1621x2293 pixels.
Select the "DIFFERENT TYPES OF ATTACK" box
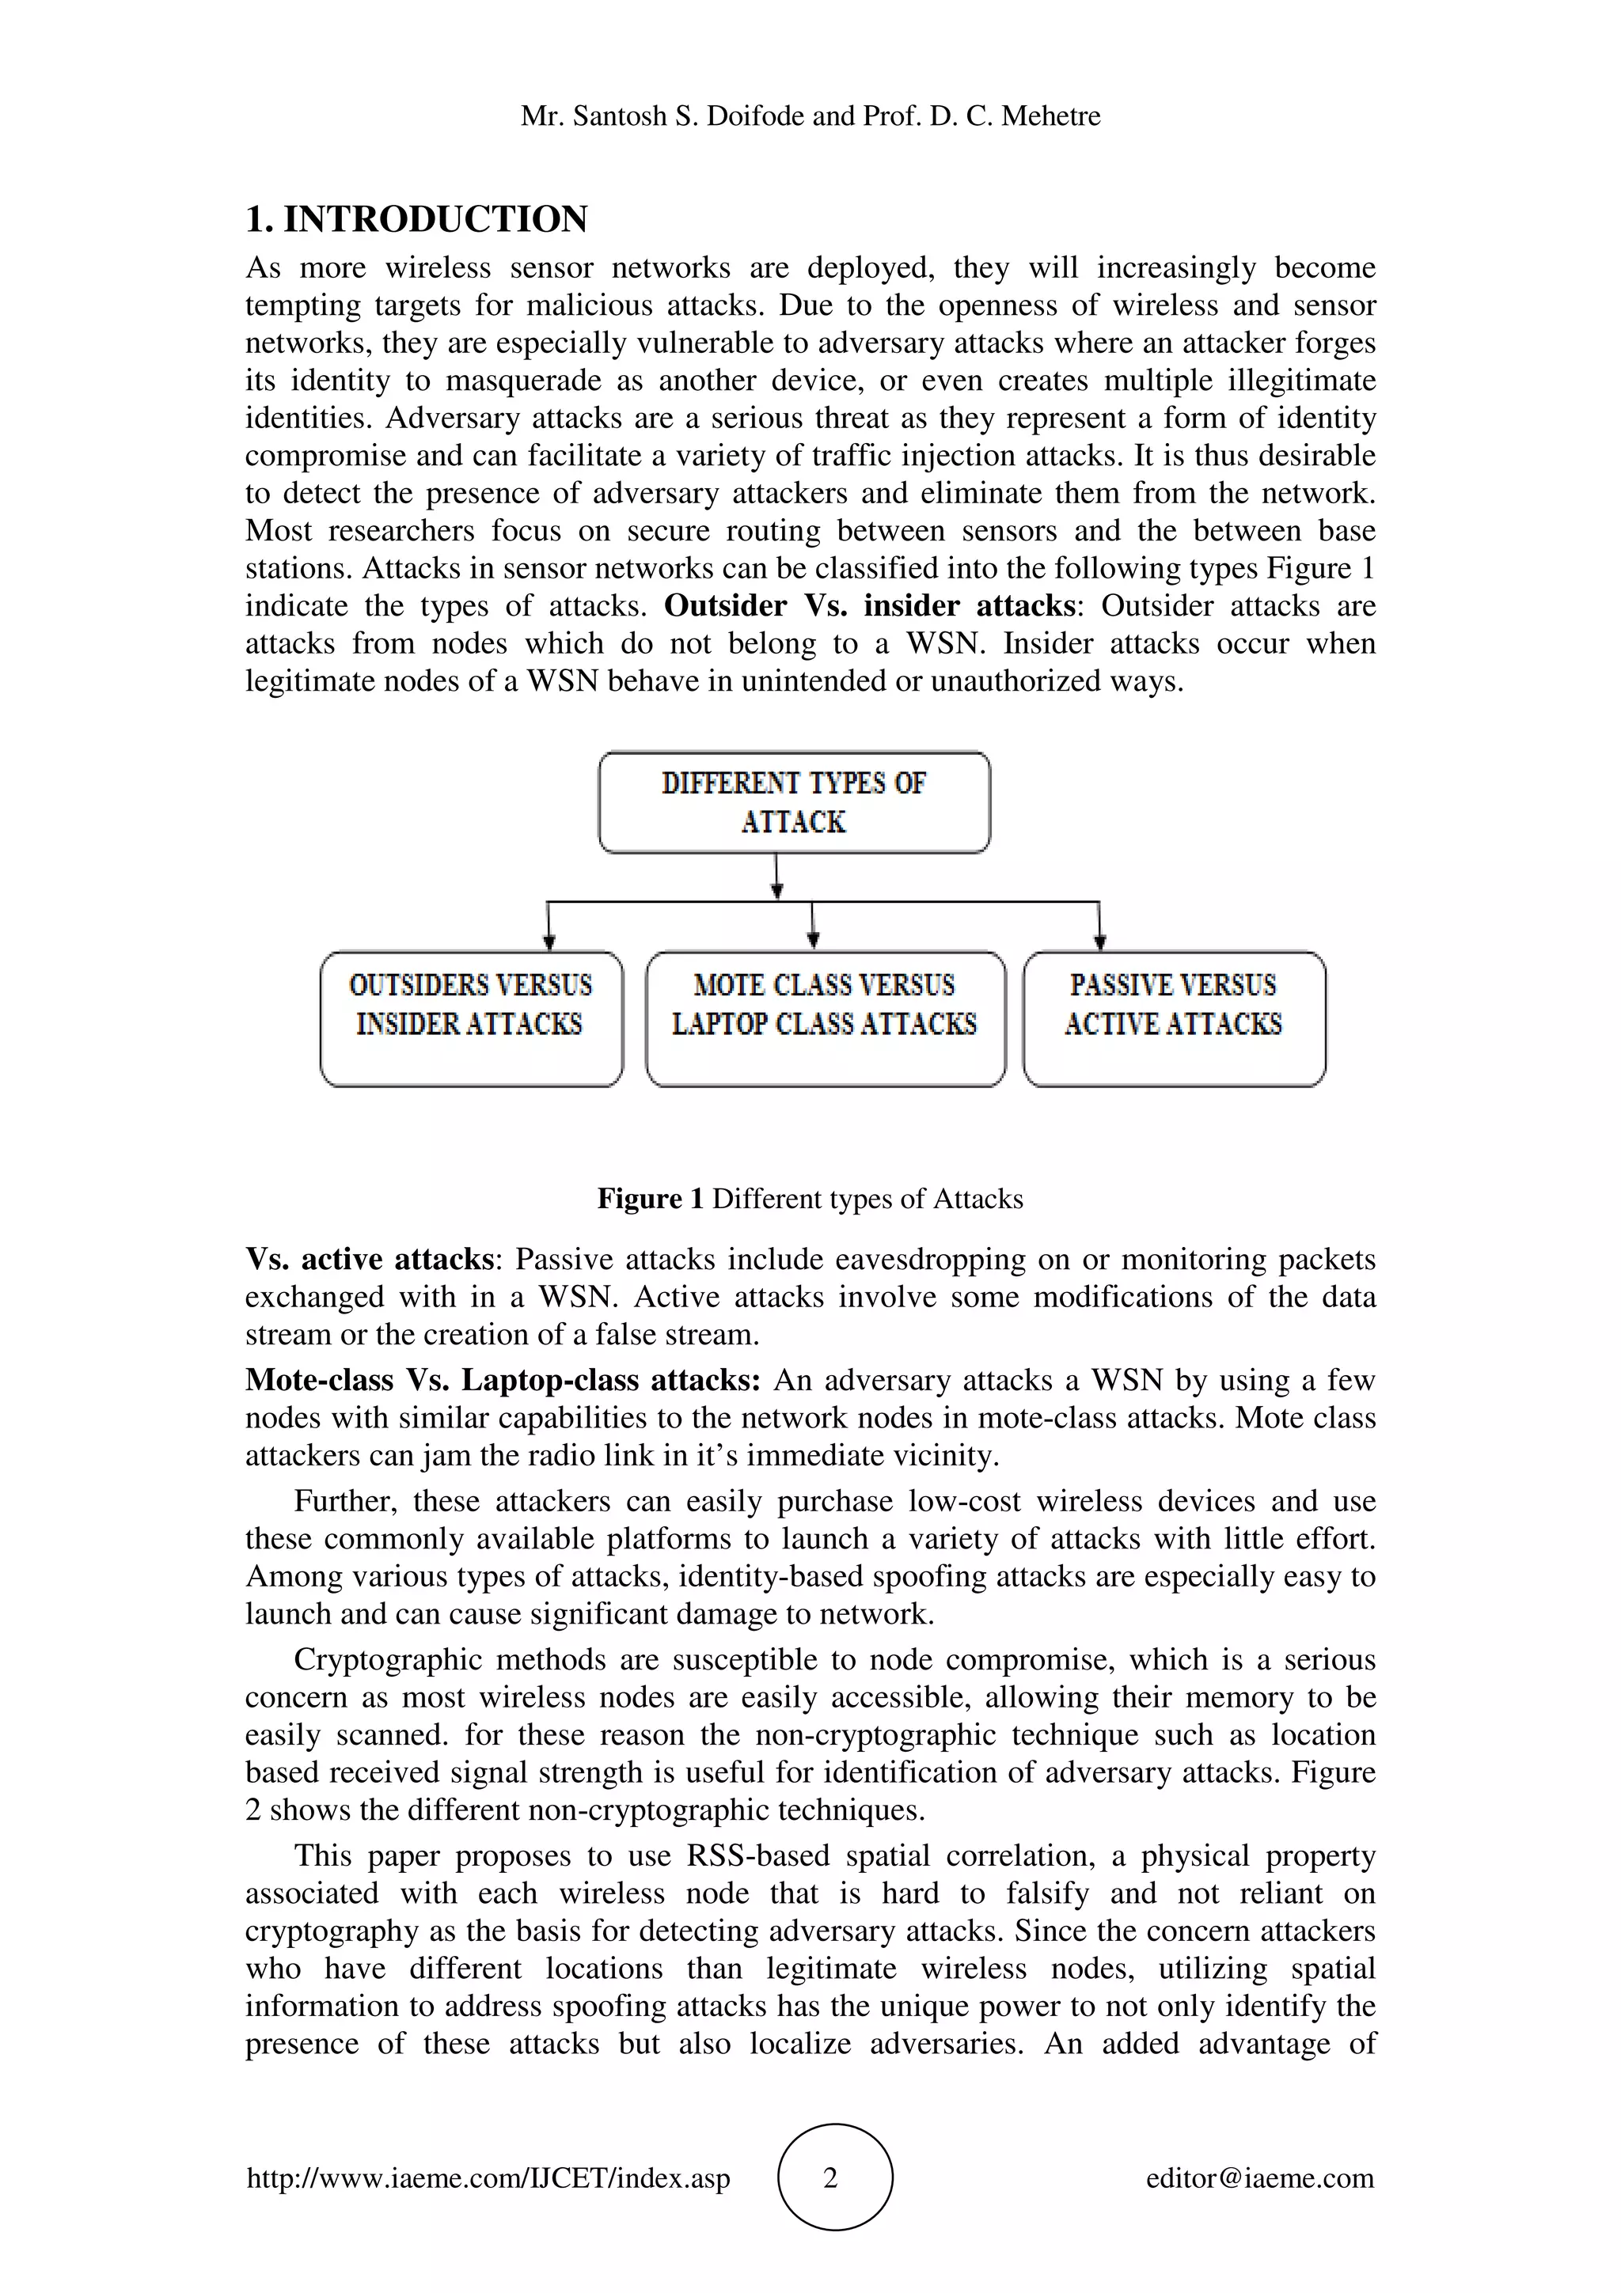click(x=794, y=803)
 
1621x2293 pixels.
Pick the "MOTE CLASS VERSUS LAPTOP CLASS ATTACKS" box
click(x=825, y=1018)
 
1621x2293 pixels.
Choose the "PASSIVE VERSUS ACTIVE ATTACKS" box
click(x=1174, y=1018)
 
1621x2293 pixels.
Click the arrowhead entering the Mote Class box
click(x=814, y=940)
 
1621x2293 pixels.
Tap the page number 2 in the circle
click(x=831, y=2178)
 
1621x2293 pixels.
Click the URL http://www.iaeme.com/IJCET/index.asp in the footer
click(x=488, y=2178)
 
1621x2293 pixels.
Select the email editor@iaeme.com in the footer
click(x=1259, y=2178)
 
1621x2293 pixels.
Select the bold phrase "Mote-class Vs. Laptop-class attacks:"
click(x=503, y=1380)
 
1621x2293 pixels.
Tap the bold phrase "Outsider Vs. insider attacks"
click(x=870, y=606)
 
